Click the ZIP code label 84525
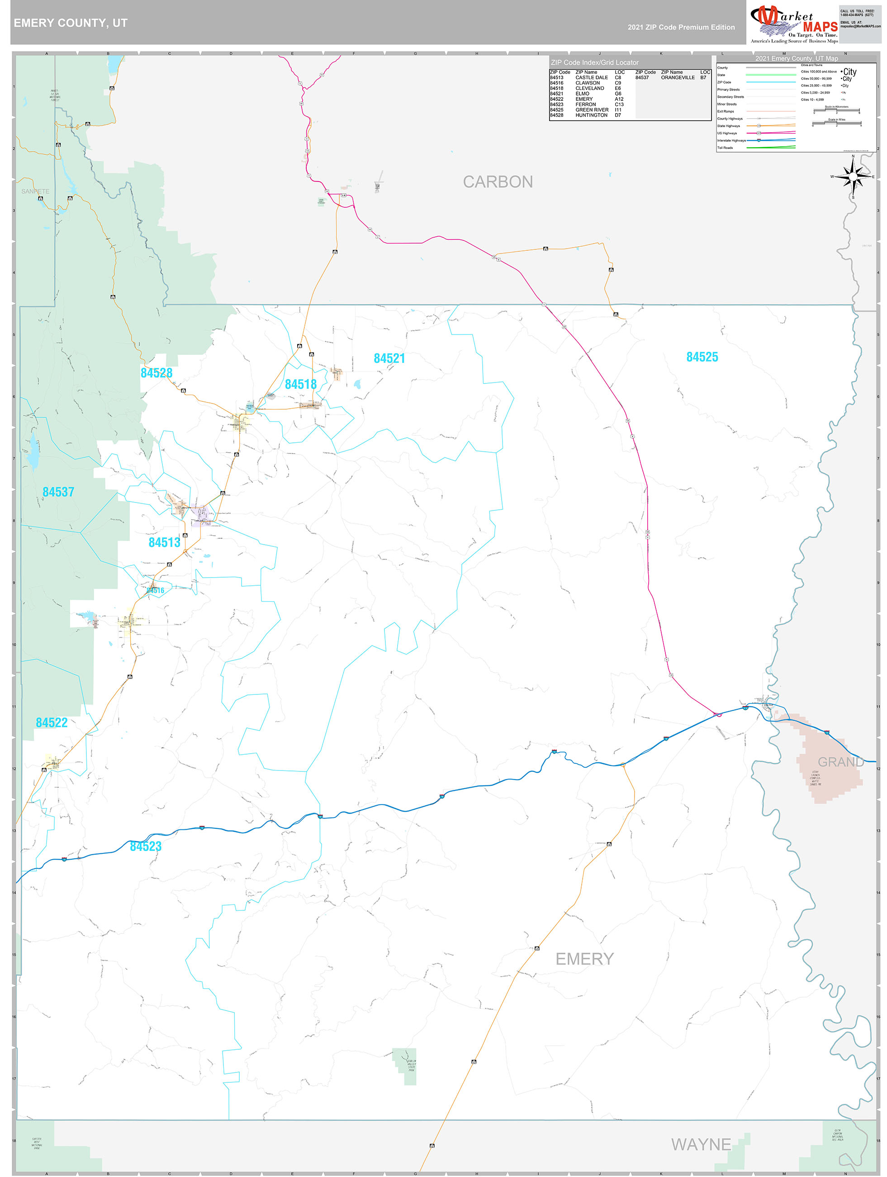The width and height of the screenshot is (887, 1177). pyautogui.click(x=702, y=357)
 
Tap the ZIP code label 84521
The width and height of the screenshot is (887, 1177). pyautogui.click(x=389, y=359)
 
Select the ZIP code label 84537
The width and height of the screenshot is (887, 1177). pyautogui.click(x=58, y=492)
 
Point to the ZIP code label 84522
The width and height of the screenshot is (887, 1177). pyautogui.click(x=52, y=722)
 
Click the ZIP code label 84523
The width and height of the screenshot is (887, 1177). pyautogui.click(x=146, y=847)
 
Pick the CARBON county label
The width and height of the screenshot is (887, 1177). pyautogui.click(x=498, y=182)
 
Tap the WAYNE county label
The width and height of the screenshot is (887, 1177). pyautogui.click(x=701, y=1144)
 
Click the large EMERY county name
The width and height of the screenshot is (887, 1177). pyautogui.click(x=584, y=959)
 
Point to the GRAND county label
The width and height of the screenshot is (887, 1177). pyautogui.click(x=840, y=762)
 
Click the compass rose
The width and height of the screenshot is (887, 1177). pyautogui.click(x=853, y=177)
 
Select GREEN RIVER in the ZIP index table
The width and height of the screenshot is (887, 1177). pyautogui.click(x=592, y=110)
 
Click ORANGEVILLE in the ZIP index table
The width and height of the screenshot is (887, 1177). pyautogui.click(x=678, y=78)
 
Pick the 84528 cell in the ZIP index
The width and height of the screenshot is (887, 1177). pyautogui.click(x=556, y=115)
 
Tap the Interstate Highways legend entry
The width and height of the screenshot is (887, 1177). pyautogui.click(x=731, y=140)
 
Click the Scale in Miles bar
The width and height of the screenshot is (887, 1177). pyautogui.click(x=836, y=124)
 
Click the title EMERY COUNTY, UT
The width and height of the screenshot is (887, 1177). pyautogui.click(x=70, y=23)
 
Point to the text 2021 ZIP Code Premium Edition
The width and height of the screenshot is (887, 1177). pyautogui.click(x=681, y=27)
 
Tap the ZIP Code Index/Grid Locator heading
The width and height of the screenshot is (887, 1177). pyautogui.click(x=594, y=63)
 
